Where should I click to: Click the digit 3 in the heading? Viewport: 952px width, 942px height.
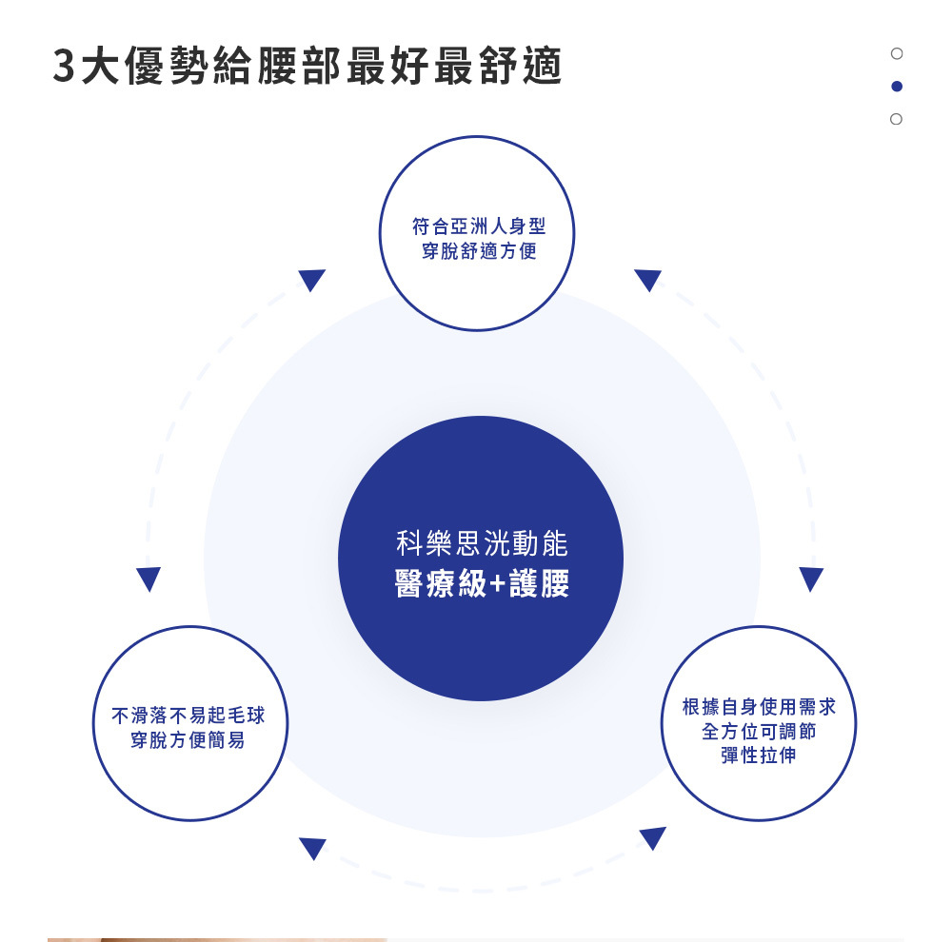point(66,66)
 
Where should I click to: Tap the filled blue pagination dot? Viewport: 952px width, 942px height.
point(896,87)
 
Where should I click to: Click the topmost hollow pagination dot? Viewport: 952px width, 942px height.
point(896,53)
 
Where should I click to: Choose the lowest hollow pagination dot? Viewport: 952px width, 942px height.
point(896,119)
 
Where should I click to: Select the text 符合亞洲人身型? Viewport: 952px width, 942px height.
point(478,227)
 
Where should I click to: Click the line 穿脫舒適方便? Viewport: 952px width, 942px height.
point(478,252)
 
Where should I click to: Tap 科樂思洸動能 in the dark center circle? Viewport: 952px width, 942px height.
point(481,544)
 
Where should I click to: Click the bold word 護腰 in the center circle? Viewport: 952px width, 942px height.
point(540,583)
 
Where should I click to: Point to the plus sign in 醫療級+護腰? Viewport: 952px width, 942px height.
point(499,584)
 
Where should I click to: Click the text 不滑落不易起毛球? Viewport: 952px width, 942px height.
point(188,715)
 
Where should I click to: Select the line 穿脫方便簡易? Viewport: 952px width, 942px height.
point(188,740)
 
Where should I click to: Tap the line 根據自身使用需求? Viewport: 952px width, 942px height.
point(759,706)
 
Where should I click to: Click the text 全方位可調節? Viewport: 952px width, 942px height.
point(759,731)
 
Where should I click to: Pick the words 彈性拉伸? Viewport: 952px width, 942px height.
point(759,756)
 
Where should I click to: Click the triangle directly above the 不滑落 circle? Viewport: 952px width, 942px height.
point(149,579)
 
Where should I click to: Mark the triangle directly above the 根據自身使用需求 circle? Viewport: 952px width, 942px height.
point(811,579)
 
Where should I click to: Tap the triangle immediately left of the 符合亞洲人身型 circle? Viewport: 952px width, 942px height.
point(312,280)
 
